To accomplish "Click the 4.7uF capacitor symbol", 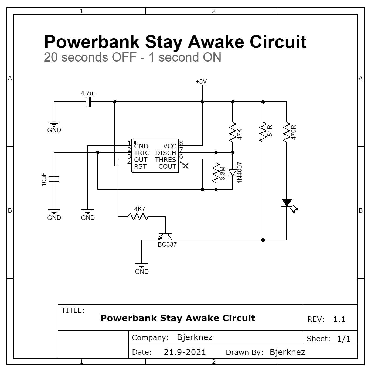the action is [x=88, y=102].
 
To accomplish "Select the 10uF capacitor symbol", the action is [x=54, y=179].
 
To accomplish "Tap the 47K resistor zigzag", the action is [x=233, y=132].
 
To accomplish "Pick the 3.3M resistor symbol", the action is [x=216, y=173].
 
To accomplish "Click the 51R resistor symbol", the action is [x=263, y=132].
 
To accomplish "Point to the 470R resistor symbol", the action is [x=287, y=132].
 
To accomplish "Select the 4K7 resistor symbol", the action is [x=138, y=217].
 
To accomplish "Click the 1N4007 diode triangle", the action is [x=233, y=173].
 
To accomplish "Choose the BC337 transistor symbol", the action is [x=165, y=236].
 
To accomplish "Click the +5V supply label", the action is [x=201, y=81].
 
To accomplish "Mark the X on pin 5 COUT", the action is [x=185, y=166].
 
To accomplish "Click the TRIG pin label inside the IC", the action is [x=142, y=153].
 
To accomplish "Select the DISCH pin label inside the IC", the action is [x=166, y=153].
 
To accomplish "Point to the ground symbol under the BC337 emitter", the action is [x=142, y=265].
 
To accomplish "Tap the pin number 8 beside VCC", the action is [x=181, y=143].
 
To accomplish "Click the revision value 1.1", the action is [x=339, y=319].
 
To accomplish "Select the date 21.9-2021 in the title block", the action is [x=185, y=352].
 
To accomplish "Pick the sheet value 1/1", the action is [x=344, y=339].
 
